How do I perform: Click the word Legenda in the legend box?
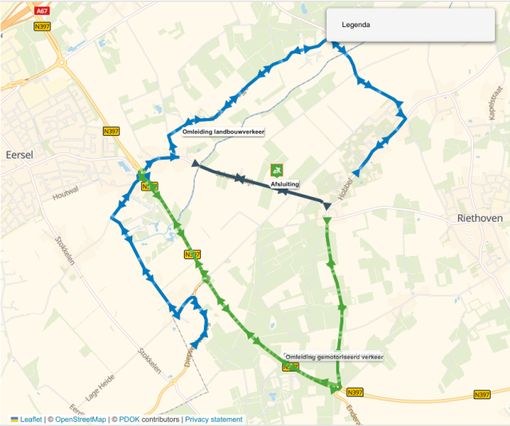tap(356, 25)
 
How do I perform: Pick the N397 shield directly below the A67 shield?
tap(42, 26)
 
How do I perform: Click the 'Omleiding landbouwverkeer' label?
tap(223, 132)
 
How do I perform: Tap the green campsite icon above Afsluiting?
tap(277, 169)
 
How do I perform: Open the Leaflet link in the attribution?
tap(31, 419)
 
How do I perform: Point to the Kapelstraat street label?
tap(492, 105)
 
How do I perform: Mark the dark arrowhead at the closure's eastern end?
tap(327, 207)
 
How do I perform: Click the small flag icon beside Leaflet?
tap(14, 419)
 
